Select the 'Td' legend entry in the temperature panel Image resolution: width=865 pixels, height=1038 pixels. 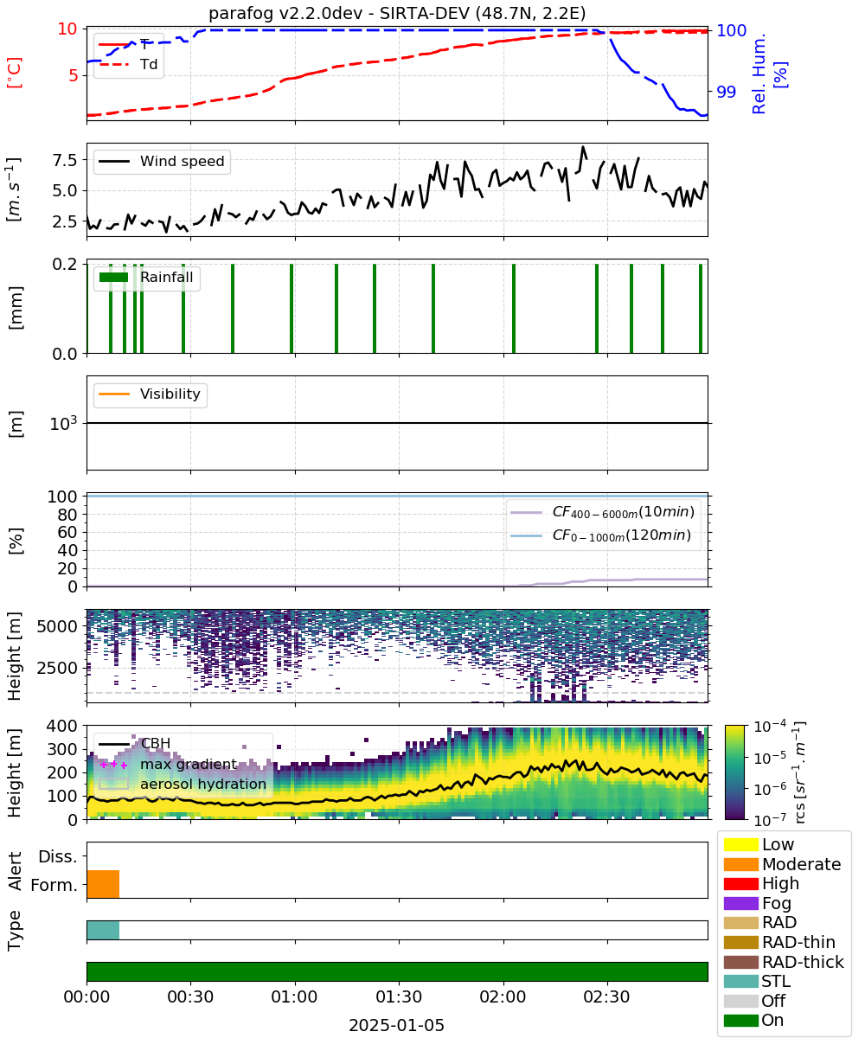pyautogui.click(x=128, y=64)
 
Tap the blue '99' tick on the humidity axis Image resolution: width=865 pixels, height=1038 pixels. pyautogui.click(x=726, y=92)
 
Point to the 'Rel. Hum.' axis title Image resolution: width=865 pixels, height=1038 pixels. pyautogui.click(x=759, y=74)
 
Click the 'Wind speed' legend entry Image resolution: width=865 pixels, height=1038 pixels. pyautogui.click(x=162, y=161)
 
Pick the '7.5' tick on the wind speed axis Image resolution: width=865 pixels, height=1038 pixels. pyautogui.click(x=65, y=160)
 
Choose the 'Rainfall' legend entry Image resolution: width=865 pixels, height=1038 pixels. pyautogui.click(x=146, y=277)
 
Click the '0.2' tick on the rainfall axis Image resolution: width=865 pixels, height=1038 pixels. pyautogui.click(x=65, y=264)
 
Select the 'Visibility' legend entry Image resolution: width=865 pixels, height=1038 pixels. pyautogui.click(x=149, y=394)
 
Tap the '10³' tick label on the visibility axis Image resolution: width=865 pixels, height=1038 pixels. pyautogui.click(x=64, y=423)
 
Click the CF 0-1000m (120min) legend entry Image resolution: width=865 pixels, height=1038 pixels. pyautogui.click(x=600, y=535)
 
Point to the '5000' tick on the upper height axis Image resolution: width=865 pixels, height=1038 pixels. pyautogui.click(x=57, y=626)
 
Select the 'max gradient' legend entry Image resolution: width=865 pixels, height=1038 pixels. pyautogui.click(x=168, y=764)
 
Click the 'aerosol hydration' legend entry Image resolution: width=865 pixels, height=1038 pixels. pyautogui.click(x=183, y=784)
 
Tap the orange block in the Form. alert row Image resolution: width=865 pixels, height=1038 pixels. pyautogui.click(x=103, y=884)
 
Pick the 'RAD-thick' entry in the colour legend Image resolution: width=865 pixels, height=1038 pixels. pyautogui.click(x=784, y=962)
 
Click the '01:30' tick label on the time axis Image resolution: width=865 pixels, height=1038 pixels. pyautogui.click(x=399, y=996)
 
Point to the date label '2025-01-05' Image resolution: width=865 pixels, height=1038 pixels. pyautogui.click(x=396, y=1025)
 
